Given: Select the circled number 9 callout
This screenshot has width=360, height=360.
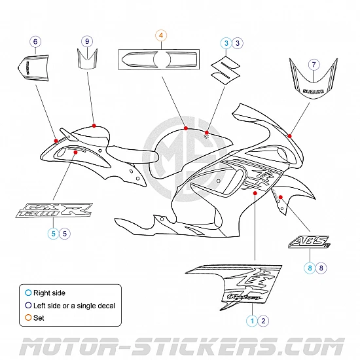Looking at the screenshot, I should (86, 41).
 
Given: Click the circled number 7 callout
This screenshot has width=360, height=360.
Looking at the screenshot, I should (314, 64).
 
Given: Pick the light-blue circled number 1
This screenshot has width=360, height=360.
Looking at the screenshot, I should (251, 320).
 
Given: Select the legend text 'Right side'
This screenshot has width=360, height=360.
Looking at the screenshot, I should (50, 293).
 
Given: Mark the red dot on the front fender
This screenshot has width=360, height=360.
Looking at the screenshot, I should (280, 196).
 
